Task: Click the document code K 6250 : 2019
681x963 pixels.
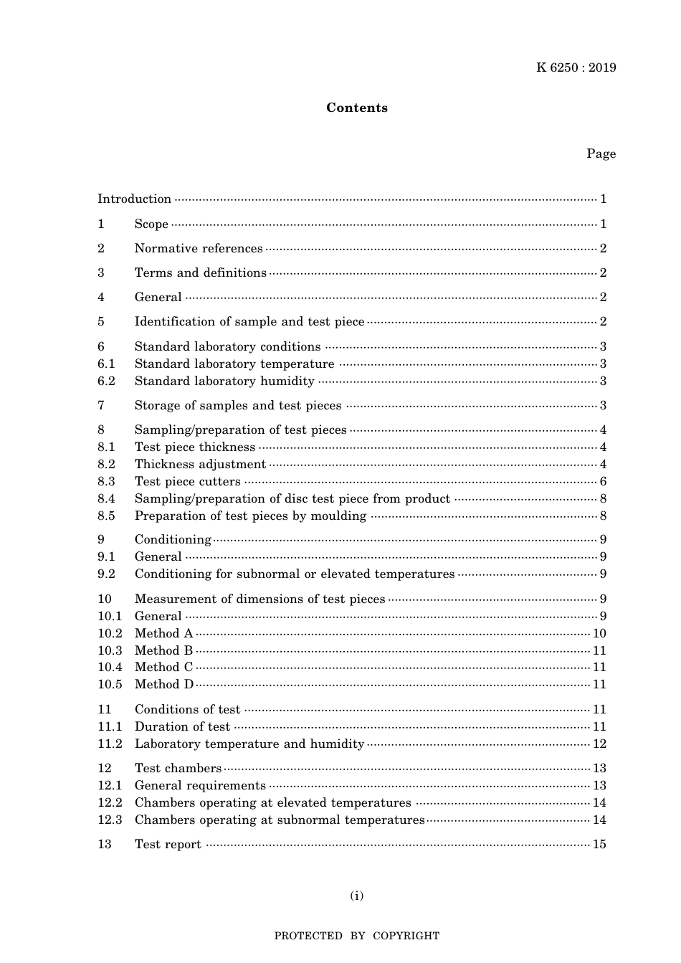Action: point(576,68)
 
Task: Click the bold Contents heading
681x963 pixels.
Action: point(357,108)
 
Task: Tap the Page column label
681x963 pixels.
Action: point(601,153)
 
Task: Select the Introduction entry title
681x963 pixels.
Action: point(134,199)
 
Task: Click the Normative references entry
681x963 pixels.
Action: point(199,249)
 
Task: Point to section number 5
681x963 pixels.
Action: point(101,322)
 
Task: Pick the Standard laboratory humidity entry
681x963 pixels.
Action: point(224,381)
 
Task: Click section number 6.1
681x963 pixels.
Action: point(106,364)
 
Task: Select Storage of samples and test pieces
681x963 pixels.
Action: point(238,406)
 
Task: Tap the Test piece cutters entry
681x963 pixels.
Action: point(188,482)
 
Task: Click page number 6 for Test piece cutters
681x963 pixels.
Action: point(604,482)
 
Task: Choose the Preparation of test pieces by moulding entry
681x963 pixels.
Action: point(250,516)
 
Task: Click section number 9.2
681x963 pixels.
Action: point(106,574)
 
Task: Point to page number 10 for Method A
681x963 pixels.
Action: point(599,634)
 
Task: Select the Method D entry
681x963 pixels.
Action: point(164,685)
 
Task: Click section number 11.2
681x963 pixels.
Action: point(110,744)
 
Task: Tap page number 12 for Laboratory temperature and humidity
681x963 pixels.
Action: point(599,744)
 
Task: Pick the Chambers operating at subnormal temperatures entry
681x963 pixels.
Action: point(280,820)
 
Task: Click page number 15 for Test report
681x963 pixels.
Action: point(599,845)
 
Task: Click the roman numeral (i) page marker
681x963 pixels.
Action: point(357,896)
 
